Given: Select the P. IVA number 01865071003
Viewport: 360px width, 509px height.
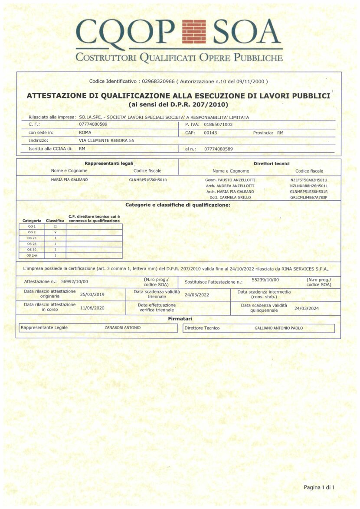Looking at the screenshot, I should (218, 124).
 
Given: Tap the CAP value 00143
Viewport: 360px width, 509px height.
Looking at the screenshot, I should (210, 133).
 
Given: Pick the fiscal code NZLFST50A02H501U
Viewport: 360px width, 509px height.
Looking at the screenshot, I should (309, 179).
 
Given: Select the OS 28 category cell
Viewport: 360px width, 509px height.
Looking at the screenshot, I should (32, 244).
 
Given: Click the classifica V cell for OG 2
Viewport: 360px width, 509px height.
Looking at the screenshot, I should (55, 232).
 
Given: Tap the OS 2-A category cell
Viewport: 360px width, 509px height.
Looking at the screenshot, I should (32, 255).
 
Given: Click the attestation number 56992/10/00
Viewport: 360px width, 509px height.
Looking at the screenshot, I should (74, 282).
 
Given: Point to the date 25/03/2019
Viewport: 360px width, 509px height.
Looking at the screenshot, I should (92, 294).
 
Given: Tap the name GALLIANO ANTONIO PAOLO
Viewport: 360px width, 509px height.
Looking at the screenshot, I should (278, 328).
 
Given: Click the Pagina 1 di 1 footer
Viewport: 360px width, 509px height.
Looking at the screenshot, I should (319, 487).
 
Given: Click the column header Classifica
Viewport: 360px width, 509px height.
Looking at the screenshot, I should (55, 221).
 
